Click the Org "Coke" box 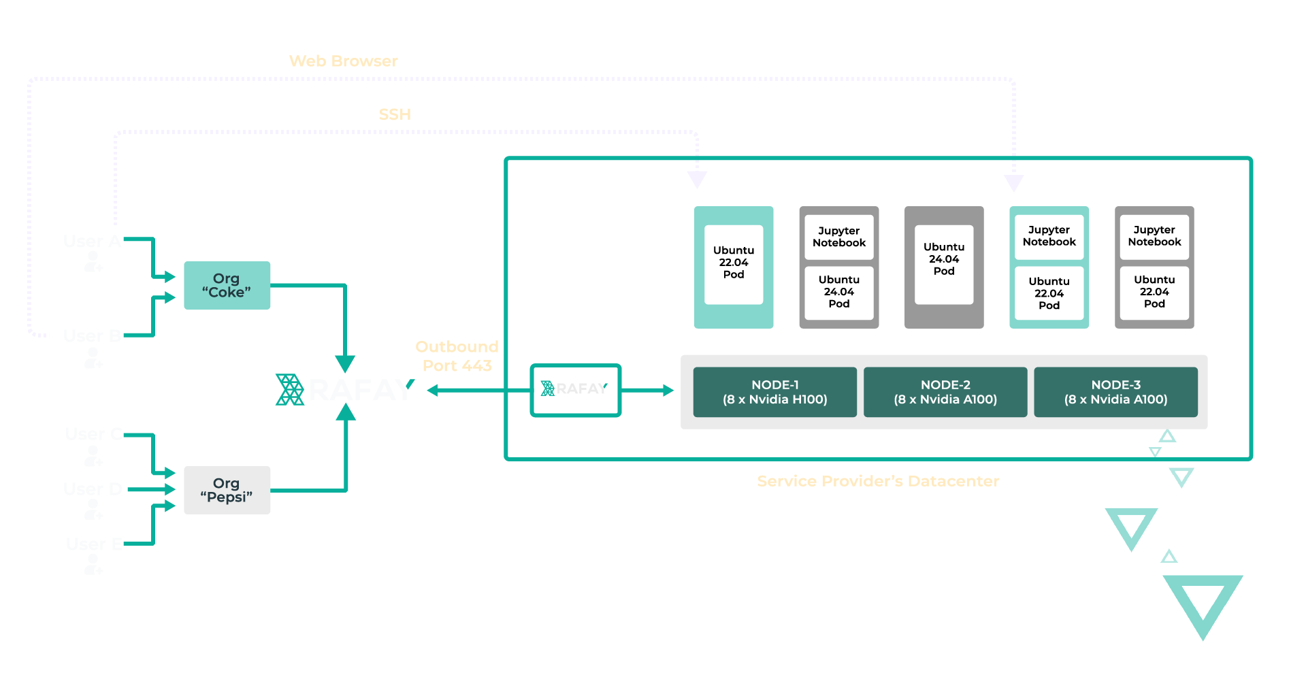(227, 285)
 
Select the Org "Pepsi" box (227, 490)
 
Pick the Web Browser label (343, 61)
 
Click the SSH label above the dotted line (395, 114)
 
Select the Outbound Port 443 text (457, 356)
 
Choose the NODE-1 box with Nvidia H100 (774, 392)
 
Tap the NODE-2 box (945, 392)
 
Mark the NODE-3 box (1115, 392)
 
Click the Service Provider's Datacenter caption (878, 481)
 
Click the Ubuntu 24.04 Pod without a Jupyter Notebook (944, 265)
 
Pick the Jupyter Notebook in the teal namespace (1049, 236)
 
